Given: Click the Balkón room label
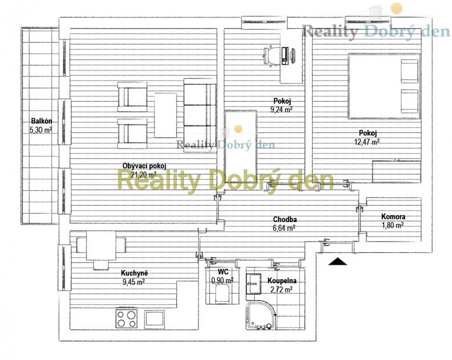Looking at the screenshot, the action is pyautogui.click(x=41, y=121).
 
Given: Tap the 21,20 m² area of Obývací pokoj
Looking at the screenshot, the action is pyautogui.click(x=144, y=175).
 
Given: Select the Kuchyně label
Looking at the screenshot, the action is pyautogui.click(x=134, y=273).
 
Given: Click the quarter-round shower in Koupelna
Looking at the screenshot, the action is pyautogui.click(x=260, y=316).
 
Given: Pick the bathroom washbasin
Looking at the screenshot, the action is pyautogui.click(x=253, y=284).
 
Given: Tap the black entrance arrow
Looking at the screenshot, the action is pyautogui.click(x=337, y=261).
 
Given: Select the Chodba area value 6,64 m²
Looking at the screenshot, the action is pyautogui.click(x=284, y=228).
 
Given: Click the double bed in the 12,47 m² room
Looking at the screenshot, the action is pyautogui.click(x=384, y=86).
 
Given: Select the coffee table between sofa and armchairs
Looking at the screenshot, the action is pyautogui.click(x=165, y=115).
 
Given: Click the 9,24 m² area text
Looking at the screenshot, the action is pyautogui.click(x=282, y=110).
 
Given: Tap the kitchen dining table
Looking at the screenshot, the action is pyautogui.click(x=101, y=246).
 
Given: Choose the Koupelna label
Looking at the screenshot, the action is pyautogui.click(x=282, y=280).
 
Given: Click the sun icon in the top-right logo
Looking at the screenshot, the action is pyautogui.click(x=396, y=8).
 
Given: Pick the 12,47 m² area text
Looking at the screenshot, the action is pyautogui.click(x=367, y=142).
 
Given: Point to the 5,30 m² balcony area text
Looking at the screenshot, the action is pyautogui.click(x=41, y=130).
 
